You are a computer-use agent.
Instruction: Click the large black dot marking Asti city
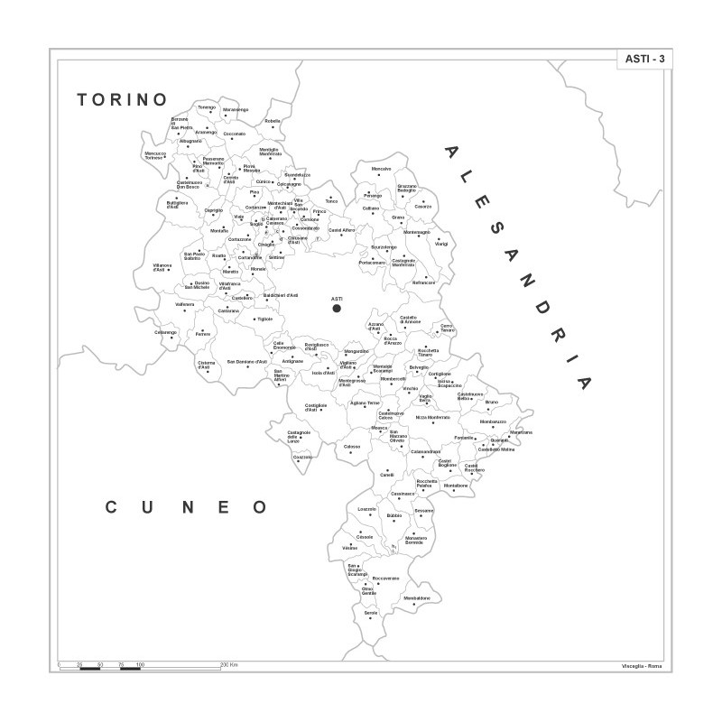coord(337,308)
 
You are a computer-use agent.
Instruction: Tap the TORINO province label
coord(123,98)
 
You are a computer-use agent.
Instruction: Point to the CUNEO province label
coord(187,507)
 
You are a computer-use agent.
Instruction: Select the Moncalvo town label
coord(382,169)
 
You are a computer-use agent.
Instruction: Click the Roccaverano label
coord(385,578)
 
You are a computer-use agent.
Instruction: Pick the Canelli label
coord(387,474)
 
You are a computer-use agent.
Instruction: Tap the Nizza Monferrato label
coord(432,418)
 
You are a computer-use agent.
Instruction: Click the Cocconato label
coord(234,134)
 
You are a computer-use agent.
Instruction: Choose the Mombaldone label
coord(417,598)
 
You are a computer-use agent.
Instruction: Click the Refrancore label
coord(423,282)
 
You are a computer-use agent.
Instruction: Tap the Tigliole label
coord(264,319)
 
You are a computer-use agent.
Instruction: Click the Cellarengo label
coord(166,332)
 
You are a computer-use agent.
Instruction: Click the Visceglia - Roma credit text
coord(642,665)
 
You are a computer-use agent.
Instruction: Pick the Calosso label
coord(352,447)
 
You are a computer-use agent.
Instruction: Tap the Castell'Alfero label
coord(341,230)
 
